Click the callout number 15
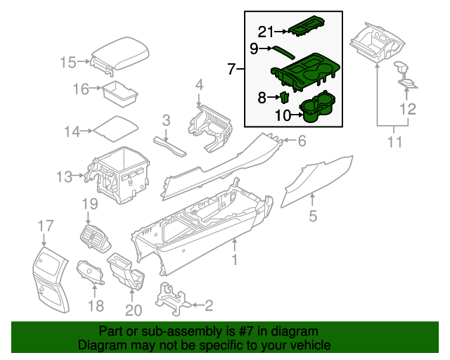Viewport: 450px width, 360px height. pyautogui.click(x=67, y=63)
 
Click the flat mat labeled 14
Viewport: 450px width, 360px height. pyautogui.click(x=115, y=129)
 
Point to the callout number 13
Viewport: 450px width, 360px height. pyautogui.click(x=65, y=176)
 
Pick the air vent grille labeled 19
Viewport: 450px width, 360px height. pyautogui.click(x=94, y=237)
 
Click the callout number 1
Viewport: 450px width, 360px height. pyautogui.click(x=235, y=261)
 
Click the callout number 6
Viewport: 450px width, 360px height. pyautogui.click(x=301, y=141)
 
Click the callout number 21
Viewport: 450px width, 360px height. pyautogui.click(x=264, y=31)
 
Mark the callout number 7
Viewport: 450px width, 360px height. pyautogui.click(x=232, y=69)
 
